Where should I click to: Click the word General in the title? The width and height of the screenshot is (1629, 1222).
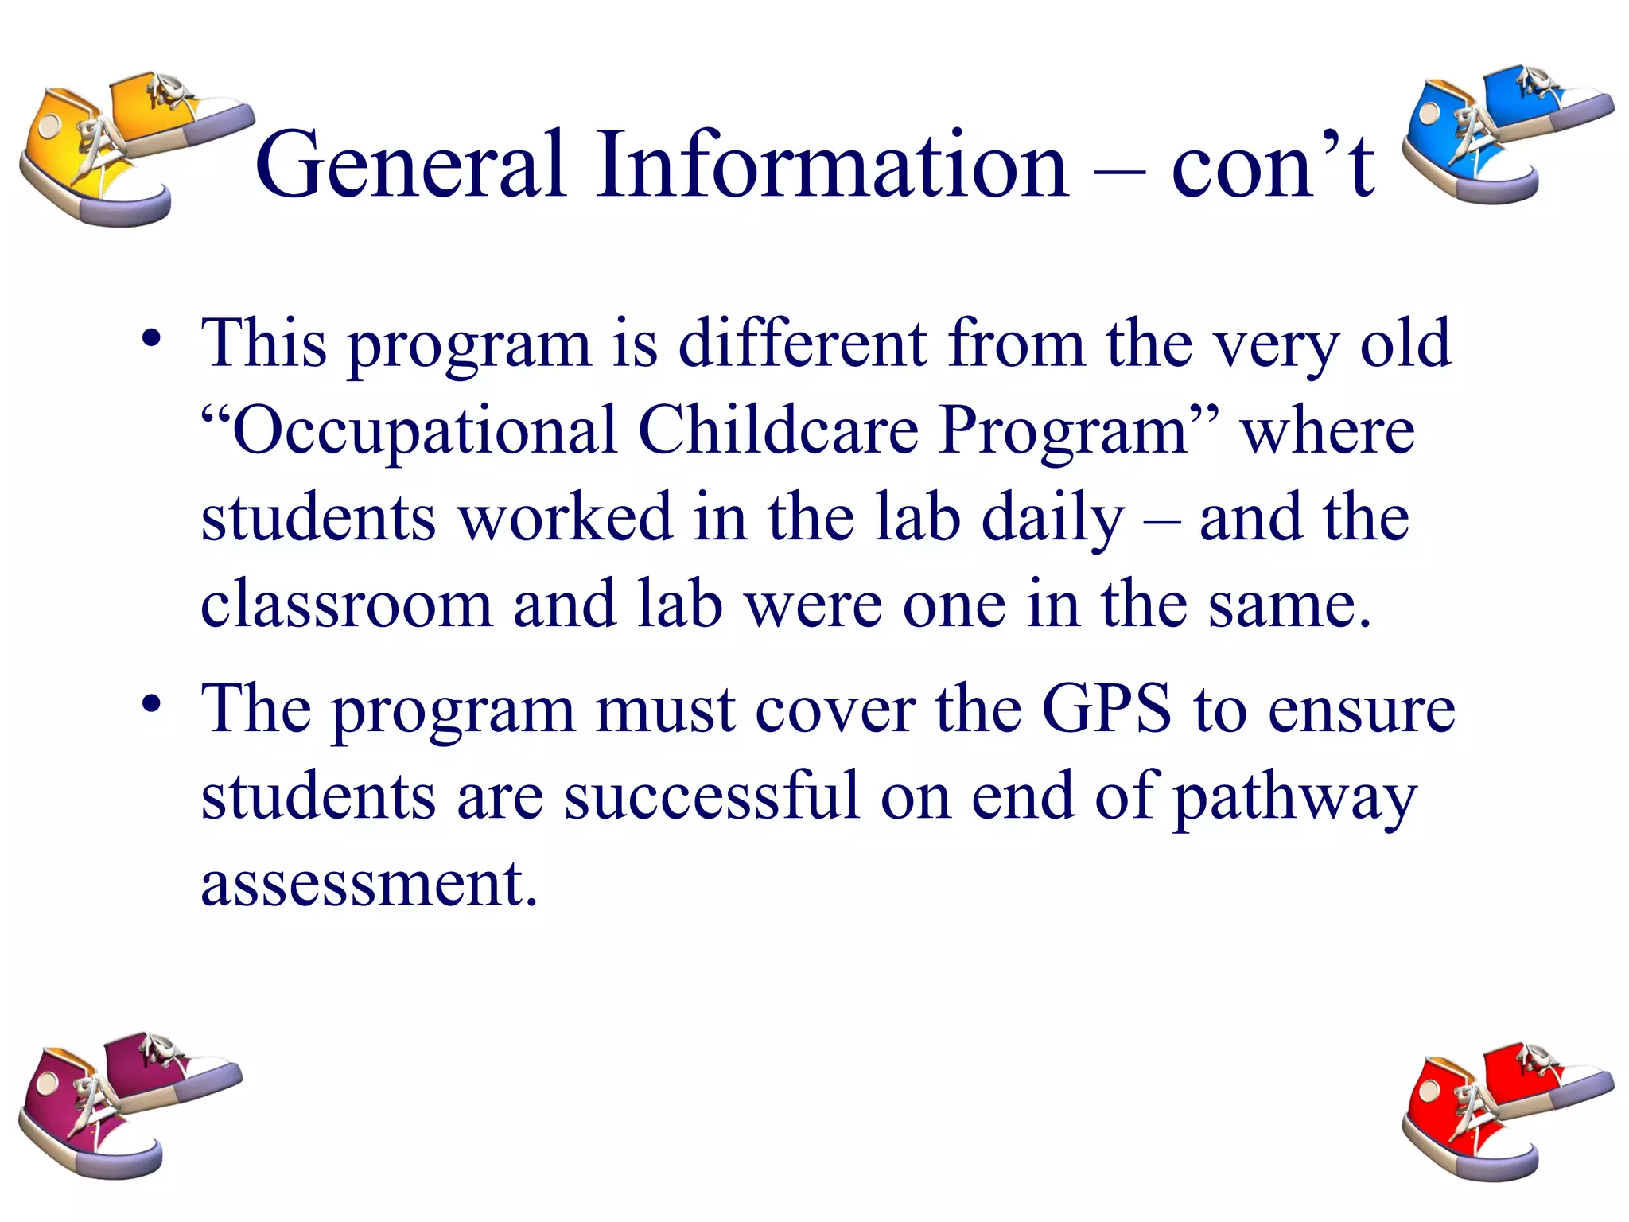410,165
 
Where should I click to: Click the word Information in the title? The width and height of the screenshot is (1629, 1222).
832,165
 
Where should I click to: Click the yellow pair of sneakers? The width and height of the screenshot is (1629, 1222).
127,147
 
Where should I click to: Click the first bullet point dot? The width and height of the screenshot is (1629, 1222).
151,341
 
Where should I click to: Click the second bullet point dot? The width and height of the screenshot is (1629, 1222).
151,705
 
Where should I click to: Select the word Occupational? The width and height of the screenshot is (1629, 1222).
426,431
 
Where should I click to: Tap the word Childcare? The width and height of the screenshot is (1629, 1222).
778,431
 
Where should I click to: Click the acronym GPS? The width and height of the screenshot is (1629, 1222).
1106,708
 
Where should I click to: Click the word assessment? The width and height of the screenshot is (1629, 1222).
369,885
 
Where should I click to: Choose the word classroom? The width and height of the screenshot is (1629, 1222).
346,605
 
